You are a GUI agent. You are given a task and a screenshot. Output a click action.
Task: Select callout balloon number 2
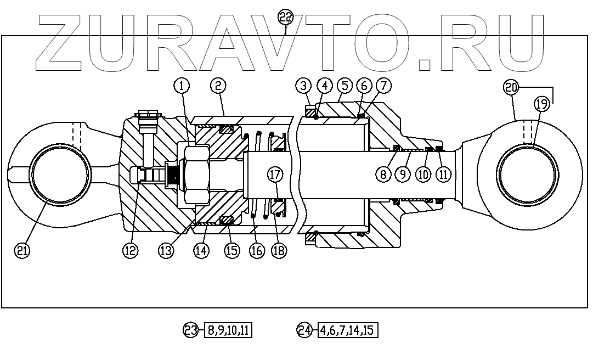click(x=218, y=86)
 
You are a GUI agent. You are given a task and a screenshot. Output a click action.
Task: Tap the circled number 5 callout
click(x=344, y=86)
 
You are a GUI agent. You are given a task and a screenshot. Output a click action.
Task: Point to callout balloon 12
click(x=130, y=250)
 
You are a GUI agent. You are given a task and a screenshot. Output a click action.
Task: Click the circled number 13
click(x=166, y=250)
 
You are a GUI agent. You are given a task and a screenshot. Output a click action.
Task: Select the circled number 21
click(x=22, y=250)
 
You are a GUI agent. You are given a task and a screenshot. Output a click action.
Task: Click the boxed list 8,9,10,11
click(x=228, y=330)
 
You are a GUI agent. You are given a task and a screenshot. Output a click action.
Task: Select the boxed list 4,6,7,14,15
click(x=348, y=330)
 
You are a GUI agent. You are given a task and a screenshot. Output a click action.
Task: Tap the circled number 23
click(x=190, y=330)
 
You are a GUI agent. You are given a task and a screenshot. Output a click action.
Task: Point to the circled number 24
click(x=304, y=330)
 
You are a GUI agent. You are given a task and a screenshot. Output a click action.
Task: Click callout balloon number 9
click(x=403, y=175)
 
